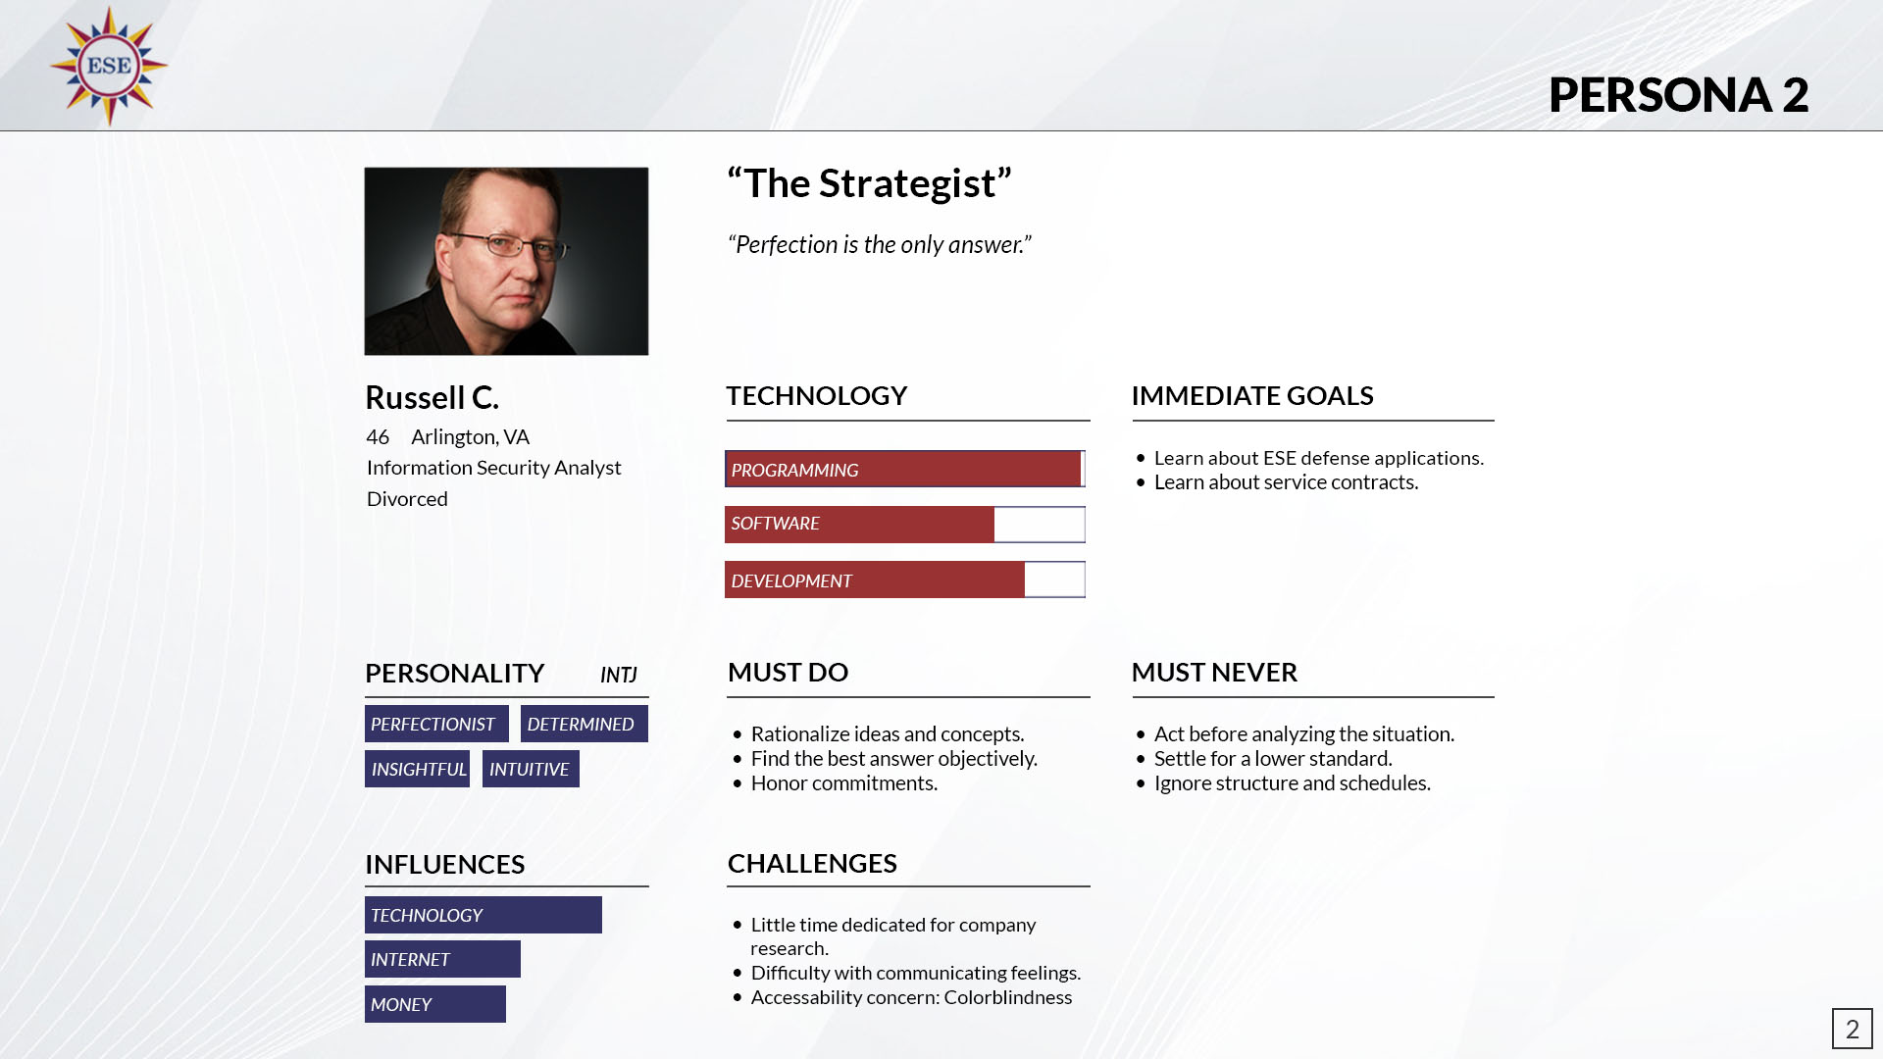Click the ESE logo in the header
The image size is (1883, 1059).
[109, 66]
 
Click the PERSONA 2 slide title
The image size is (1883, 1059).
[1678, 95]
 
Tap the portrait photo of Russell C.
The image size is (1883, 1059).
[506, 261]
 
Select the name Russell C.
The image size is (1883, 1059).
[432, 397]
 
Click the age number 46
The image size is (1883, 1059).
[378, 436]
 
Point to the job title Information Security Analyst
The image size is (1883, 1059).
[493, 468]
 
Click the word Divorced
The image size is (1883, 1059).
[407, 499]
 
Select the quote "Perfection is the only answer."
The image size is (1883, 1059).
[880, 244]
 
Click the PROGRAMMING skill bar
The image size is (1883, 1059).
[905, 469]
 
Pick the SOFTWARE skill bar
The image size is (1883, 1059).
[905, 525]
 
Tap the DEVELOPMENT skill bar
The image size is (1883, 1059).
[905, 580]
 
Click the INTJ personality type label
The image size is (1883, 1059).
[619, 675]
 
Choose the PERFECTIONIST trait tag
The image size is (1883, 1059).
[436, 724]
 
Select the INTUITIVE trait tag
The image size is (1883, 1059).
[531, 769]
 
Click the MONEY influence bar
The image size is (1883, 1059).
[435, 1004]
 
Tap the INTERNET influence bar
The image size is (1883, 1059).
[442, 959]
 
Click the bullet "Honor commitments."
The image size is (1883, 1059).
[844, 783]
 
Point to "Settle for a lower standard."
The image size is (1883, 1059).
[1273, 759]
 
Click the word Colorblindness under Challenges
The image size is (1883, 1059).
[1008, 997]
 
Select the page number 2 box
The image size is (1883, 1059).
[1853, 1029]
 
